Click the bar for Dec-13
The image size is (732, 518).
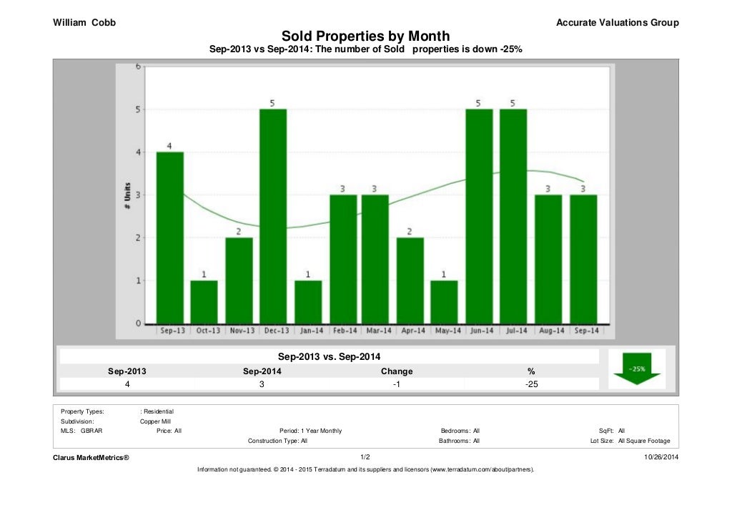tap(273, 216)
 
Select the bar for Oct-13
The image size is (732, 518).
tap(204, 301)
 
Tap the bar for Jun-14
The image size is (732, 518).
tap(479, 216)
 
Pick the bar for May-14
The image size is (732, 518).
tap(445, 301)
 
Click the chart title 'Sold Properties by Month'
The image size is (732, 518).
tap(365, 36)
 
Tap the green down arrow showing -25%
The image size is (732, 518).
tap(637, 369)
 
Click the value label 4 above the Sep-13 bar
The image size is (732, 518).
tap(169, 146)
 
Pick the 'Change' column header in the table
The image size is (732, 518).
tap(397, 371)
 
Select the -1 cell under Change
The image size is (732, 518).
tap(397, 384)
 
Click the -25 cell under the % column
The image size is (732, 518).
tap(530, 384)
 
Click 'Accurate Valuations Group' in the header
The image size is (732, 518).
tap(617, 23)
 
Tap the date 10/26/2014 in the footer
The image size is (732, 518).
tap(661, 456)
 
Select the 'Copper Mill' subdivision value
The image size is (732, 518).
tap(155, 421)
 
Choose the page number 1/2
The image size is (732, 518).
tap(365, 456)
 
